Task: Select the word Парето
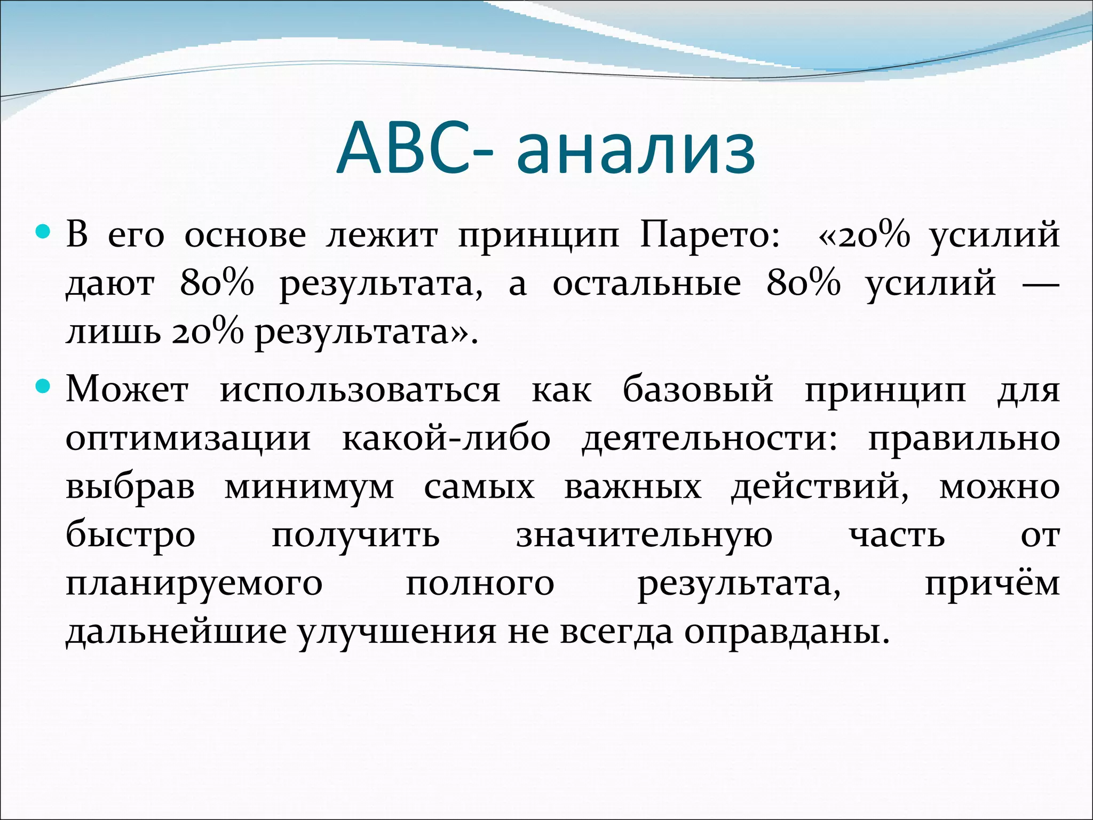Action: pos(710,235)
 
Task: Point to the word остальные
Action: pos(646,283)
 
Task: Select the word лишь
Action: pos(113,332)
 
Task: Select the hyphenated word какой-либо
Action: pos(446,439)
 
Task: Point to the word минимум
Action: pos(309,487)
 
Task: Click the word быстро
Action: pos(131,535)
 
